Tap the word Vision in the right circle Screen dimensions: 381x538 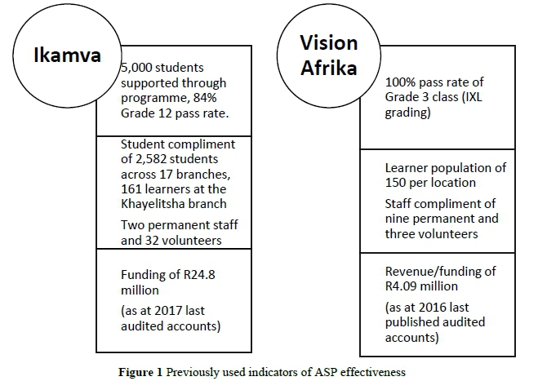pos(327,43)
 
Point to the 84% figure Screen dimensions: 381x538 pos(216,97)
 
